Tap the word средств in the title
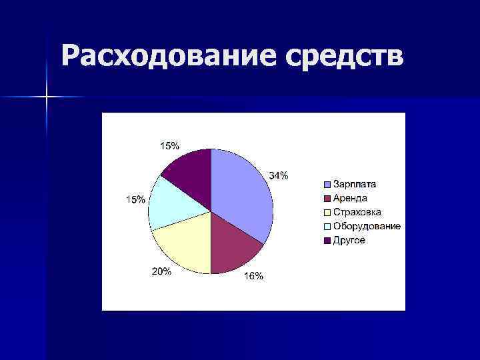(x=347, y=57)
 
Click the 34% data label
(x=279, y=176)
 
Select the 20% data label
(x=162, y=271)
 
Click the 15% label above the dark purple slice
(x=169, y=146)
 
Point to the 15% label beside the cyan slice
(x=136, y=200)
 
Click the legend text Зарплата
(x=355, y=184)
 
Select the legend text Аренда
(x=350, y=198)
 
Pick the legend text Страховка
(x=357, y=212)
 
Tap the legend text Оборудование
(x=367, y=226)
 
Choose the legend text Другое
(x=349, y=240)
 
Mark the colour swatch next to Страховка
(x=327, y=213)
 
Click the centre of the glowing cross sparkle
(x=47, y=97)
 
